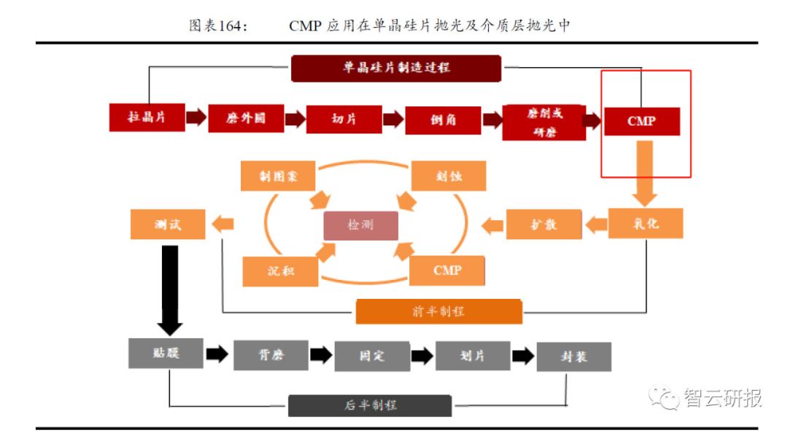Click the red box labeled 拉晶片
pyautogui.click(x=146, y=117)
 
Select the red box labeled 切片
pyautogui.click(x=344, y=119)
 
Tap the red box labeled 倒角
pyautogui.click(x=443, y=120)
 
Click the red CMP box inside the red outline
pyautogui.click(x=641, y=121)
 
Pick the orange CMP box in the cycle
pyautogui.click(x=447, y=270)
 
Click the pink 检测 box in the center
pyautogui.click(x=360, y=225)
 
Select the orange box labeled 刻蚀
pyautogui.click(x=448, y=176)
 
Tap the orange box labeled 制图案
pyautogui.click(x=278, y=176)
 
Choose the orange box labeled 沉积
pyautogui.click(x=279, y=270)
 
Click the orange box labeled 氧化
pyautogui.click(x=646, y=223)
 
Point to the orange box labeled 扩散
pyautogui.click(x=544, y=225)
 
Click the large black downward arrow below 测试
pyautogui.click(x=169, y=289)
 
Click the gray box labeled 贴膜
pyautogui.click(x=166, y=353)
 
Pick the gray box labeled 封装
pyautogui.click(x=573, y=356)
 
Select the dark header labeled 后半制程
pyautogui.click(x=369, y=405)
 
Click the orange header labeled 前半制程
pyautogui.click(x=439, y=311)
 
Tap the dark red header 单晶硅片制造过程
pyautogui.click(x=396, y=68)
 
